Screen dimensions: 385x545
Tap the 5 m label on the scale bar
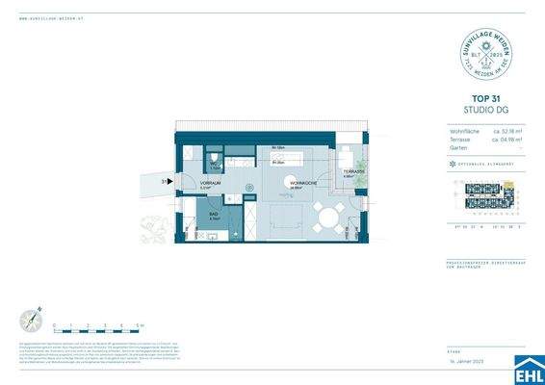click(141, 326)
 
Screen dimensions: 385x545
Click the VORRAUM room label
click(211, 183)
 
